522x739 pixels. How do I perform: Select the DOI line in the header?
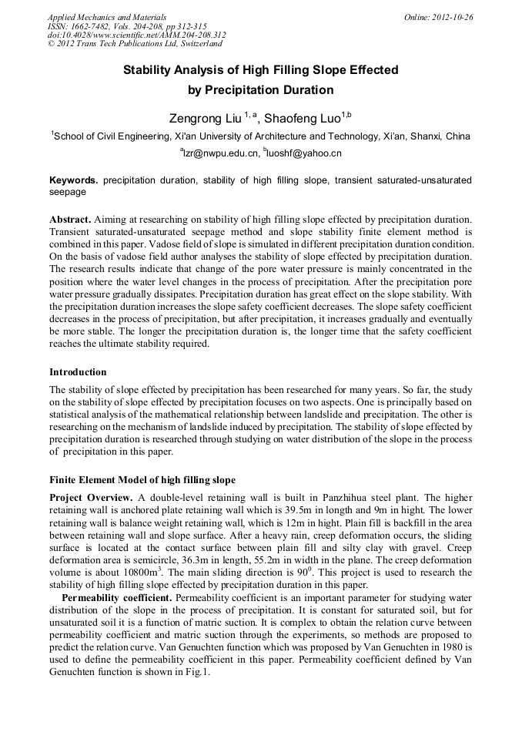(136, 35)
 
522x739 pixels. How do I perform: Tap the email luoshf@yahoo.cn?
(306, 153)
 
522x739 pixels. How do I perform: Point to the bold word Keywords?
(73, 180)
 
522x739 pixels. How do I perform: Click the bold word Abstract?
(70, 220)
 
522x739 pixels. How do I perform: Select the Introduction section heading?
(78, 372)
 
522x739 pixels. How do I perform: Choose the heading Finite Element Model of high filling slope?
(142, 479)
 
